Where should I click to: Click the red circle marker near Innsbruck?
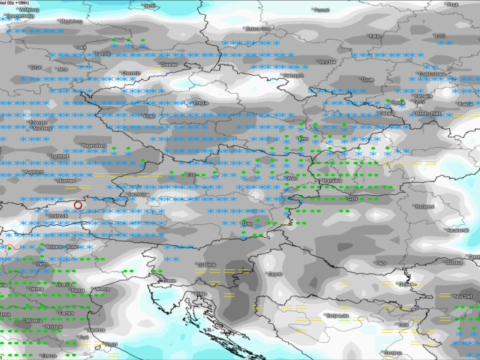78,205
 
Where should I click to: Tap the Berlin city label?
151,5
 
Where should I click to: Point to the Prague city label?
200,102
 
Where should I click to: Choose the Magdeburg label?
73,22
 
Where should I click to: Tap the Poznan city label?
322,10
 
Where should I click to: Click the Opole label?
367,79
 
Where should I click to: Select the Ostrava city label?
387,112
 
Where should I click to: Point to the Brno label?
304,139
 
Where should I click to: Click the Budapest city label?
425,205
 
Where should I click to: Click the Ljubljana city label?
207,265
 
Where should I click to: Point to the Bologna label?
53,327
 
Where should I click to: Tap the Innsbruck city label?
58,217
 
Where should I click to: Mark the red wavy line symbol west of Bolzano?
11,246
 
